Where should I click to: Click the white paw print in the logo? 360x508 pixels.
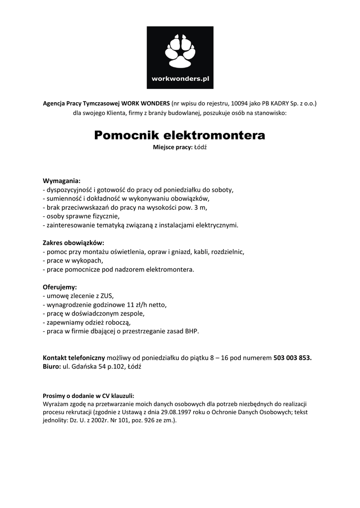coord(179,52)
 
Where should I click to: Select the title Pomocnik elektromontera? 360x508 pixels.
coord(180,135)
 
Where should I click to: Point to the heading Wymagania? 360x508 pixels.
coord(62,180)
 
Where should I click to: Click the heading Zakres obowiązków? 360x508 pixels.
coord(73,243)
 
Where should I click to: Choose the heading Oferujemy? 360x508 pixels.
coord(60,287)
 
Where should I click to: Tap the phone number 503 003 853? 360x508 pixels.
coord(292,357)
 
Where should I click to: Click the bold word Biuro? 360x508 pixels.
coord(51,366)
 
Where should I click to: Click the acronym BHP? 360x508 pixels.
coord(192,331)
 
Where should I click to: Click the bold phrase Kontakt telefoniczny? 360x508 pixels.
coord(73,357)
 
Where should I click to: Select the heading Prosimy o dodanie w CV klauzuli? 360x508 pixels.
coord(88,395)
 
